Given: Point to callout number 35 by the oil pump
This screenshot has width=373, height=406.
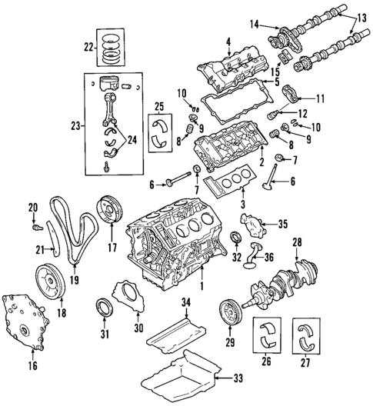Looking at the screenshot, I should point(282,225).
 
